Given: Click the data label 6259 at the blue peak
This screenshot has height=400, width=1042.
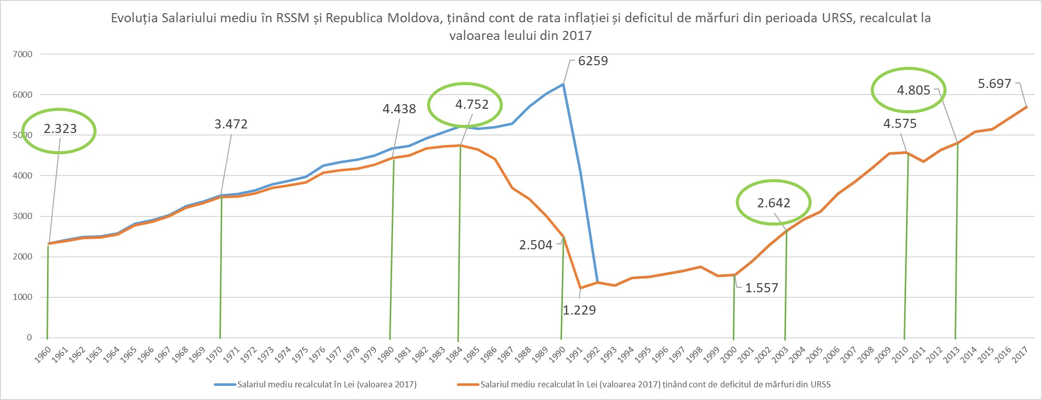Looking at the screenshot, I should pos(593,61).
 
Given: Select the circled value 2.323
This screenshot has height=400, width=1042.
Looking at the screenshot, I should pos(60,129).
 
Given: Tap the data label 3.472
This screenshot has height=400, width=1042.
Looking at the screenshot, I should pos(231,124).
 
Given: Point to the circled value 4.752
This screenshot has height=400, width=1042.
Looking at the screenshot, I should pos(471,105).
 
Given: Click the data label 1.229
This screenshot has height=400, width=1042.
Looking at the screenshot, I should pos(579,310).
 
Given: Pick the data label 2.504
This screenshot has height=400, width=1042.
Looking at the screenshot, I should pos(536,245).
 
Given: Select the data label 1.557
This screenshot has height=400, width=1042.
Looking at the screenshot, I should pos(762,288).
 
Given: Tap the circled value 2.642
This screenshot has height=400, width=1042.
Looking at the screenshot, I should pos(773,203).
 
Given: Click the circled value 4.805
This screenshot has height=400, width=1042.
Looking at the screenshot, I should pos(913,91).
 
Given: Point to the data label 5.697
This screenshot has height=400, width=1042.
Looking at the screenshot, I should pos(994,84).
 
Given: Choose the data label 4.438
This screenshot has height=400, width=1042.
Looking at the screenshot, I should pos(399,109).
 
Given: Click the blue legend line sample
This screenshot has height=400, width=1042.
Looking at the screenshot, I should pos(225,384).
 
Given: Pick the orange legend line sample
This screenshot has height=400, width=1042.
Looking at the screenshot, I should pos(467,384).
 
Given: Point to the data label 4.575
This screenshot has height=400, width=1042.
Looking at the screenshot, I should pos(899,124).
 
